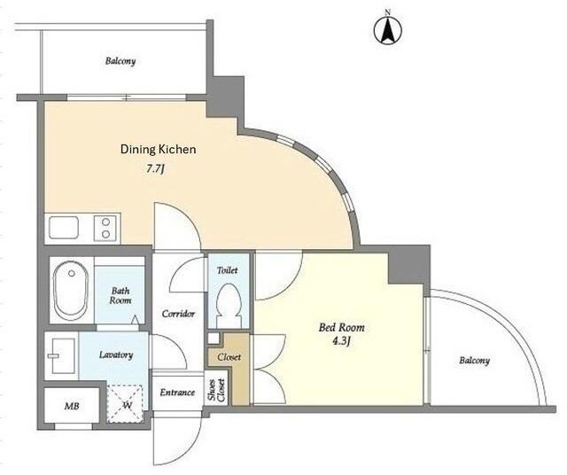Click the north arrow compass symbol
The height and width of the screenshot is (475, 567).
coord(388,30)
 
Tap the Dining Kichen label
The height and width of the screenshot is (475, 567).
coord(158,150)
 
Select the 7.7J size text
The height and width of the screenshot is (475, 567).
coord(156,169)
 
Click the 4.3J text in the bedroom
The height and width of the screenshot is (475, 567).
coord(341,341)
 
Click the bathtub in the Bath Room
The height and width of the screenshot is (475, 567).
coord(71,291)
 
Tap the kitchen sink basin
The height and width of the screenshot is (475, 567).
coord(64,228)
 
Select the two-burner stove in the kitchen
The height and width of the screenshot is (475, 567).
coord(105,228)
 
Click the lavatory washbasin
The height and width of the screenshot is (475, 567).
coord(61,355)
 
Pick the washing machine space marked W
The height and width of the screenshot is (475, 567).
coord(126,404)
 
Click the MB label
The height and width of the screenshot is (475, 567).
coord(72,406)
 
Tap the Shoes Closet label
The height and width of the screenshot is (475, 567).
coord(216,391)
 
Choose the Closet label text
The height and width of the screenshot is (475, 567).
coord(229,357)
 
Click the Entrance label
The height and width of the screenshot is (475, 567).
coord(177,393)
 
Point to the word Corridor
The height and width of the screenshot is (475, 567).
coord(178,314)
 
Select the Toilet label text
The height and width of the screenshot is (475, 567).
coord(227,270)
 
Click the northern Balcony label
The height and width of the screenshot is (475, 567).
coord(120,61)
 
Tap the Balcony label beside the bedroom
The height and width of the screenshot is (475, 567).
coord(475,361)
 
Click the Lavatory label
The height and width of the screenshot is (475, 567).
coord(116,354)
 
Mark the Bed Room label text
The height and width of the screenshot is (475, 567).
coord(341,327)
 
